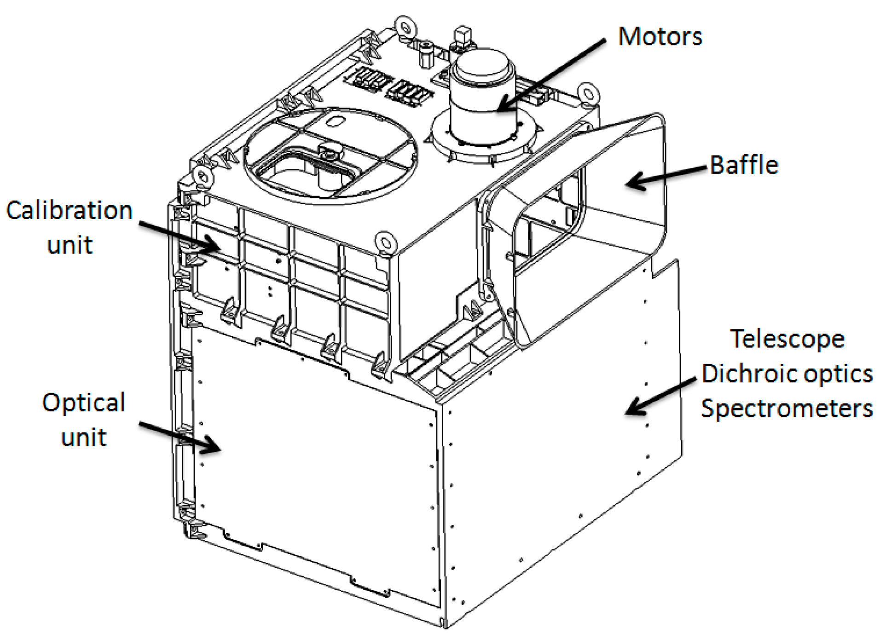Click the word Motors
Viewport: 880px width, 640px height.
coord(660,37)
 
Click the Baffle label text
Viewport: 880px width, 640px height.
coord(743,165)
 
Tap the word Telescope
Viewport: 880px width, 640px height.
coord(787,339)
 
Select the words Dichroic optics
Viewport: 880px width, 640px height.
coord(787,374)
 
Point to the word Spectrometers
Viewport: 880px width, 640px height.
coord(787,409)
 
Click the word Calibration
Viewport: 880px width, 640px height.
coord(69,211)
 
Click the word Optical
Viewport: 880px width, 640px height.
coord(83,403)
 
